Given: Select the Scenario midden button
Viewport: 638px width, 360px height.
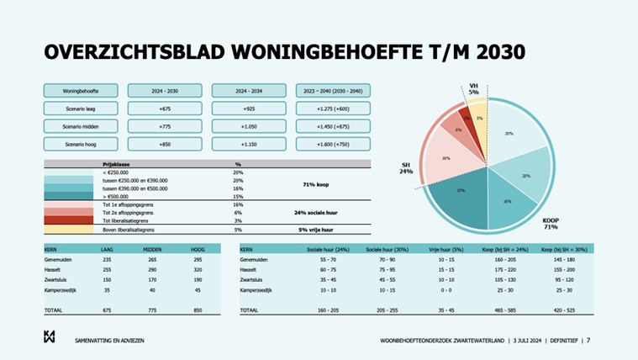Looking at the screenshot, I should [x=81, y=125].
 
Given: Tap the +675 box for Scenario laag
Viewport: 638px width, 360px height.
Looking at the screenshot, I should [x=165, y=108].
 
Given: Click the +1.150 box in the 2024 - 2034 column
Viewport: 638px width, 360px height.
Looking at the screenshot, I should [x=249, y=144].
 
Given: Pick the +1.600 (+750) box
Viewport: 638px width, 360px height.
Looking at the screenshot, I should [x=334, y=144].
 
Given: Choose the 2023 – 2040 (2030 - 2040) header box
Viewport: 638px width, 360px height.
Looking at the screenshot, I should [x=334, y=90].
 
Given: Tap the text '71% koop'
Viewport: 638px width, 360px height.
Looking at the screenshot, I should [x=316, y=184].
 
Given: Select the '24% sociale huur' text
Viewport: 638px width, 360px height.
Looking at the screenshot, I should [x=316, y=213].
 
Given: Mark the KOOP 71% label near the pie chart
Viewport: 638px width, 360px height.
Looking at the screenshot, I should [x=551, y=223].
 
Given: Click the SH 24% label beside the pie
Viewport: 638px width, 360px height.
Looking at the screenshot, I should [x=406, y=168].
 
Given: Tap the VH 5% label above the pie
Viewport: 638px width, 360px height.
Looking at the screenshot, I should [x=473, y=88].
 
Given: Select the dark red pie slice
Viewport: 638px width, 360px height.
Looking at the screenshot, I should [x=464, y=117].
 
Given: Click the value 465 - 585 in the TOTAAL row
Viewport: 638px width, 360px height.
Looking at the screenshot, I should [x=505, y=310].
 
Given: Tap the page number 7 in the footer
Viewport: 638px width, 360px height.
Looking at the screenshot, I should [x=588, y=341].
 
